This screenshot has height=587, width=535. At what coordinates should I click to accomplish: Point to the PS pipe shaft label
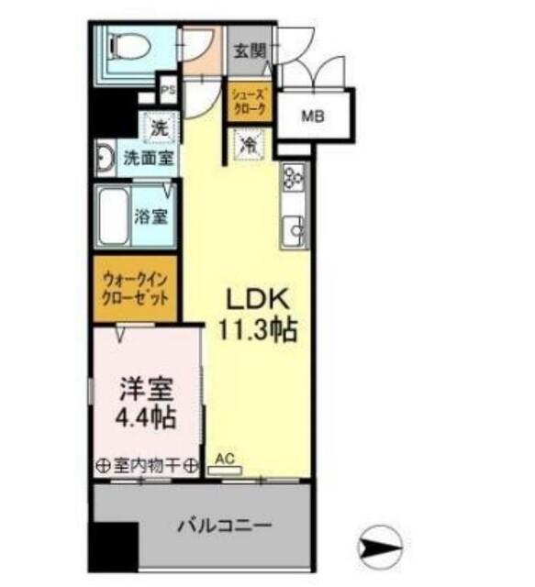167,92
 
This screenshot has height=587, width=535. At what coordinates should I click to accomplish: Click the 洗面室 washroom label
148,158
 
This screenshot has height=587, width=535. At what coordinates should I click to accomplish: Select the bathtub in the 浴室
114,216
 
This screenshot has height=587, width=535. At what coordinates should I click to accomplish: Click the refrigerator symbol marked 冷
248,143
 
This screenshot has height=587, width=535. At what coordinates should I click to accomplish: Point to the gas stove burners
295,178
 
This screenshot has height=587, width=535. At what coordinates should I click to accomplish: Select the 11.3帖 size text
258,328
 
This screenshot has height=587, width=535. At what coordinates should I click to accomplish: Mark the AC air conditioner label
224,456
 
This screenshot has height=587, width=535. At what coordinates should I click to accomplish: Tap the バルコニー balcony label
224,527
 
